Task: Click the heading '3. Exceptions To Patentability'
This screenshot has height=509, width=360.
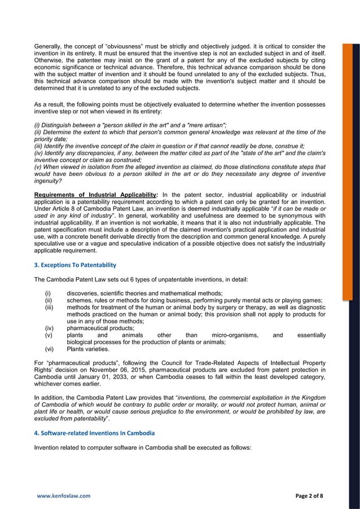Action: pyautogui.click(x=75, y=265)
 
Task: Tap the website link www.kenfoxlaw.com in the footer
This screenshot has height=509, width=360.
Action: pyautogui.click(x=64, y=496)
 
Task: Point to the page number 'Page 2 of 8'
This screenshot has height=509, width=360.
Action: pyautogui.click(x=314, y=496)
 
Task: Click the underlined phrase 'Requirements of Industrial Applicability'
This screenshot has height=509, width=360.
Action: pyautogui.click(x=95, y=195)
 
